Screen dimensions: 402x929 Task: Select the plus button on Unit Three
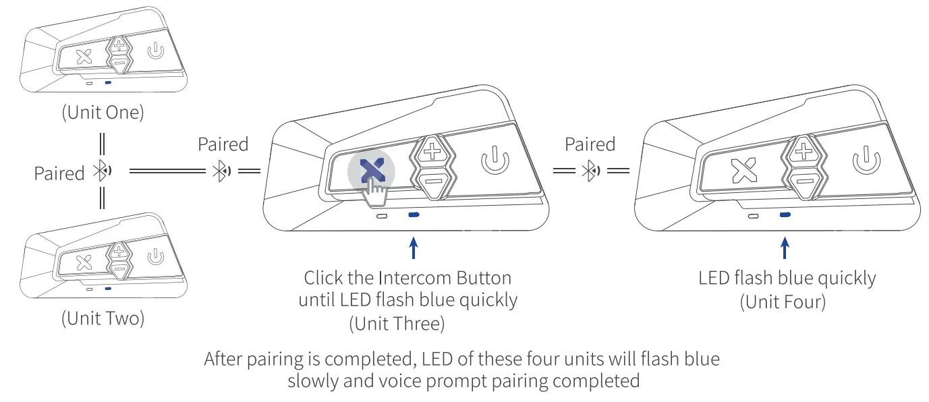(430, 150)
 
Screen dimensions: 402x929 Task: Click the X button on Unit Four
(744, 172)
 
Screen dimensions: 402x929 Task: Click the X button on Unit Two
(84, 262)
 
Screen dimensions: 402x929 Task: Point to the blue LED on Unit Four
(784, 215)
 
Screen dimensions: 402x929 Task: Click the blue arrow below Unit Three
(414, 248)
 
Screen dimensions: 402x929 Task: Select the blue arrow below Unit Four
(784, 248)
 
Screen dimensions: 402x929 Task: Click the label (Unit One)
(103, 113)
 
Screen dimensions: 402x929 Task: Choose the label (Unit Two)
(103, 318)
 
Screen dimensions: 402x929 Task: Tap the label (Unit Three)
(397, 324)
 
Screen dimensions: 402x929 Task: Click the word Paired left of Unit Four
(590, 144)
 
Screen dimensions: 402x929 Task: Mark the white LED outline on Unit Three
(382, 217)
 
